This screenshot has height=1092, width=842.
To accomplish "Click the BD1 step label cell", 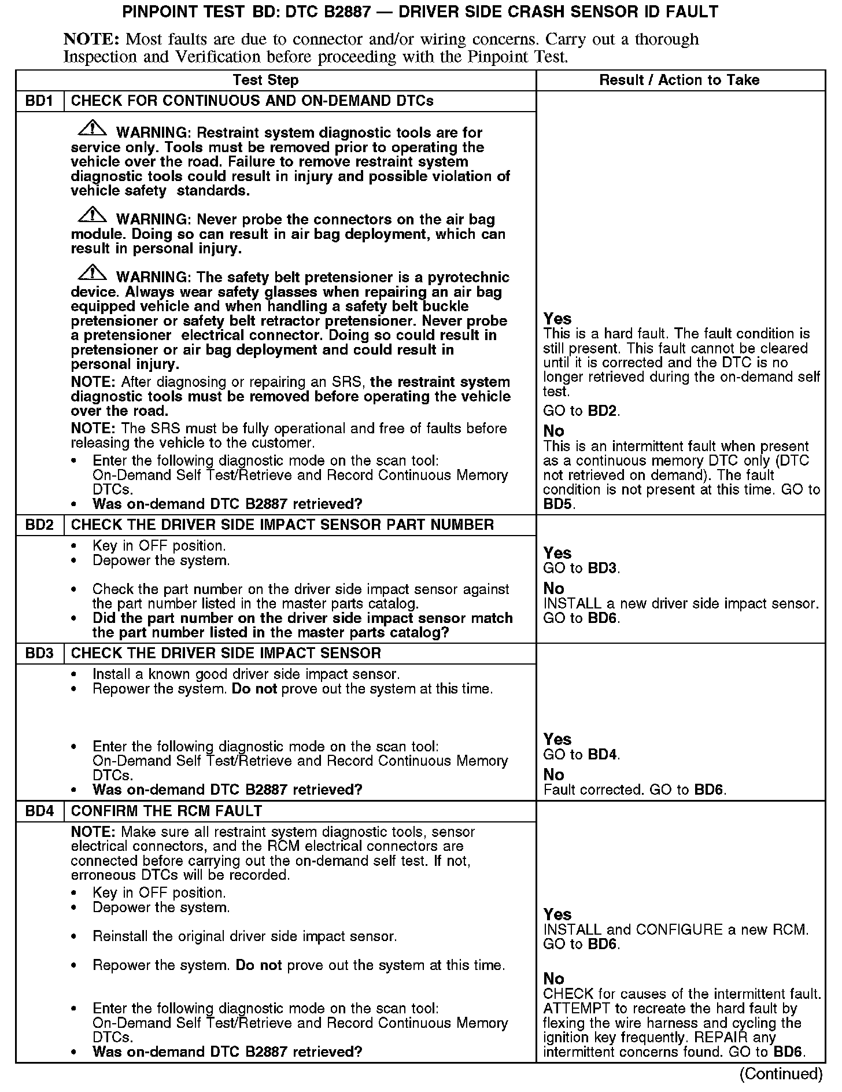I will (39, 101).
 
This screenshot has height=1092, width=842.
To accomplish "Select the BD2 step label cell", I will (39, 525).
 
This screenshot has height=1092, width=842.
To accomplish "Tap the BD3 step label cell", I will (39, 654).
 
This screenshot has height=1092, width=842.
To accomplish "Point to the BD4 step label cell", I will (39, 811).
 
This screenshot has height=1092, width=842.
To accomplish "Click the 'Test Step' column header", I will (265, 80).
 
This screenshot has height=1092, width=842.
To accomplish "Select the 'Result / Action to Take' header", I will (679, 80).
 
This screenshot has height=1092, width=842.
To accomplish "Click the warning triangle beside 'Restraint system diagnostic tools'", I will (92, 128).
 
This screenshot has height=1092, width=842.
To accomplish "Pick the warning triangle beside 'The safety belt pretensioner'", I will (92, 273).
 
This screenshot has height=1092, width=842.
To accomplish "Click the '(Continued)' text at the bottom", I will (781, 1073).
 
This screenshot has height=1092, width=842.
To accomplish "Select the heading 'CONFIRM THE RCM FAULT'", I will (167, 811).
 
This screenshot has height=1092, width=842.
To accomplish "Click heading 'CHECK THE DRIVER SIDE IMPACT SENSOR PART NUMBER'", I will (282, 525).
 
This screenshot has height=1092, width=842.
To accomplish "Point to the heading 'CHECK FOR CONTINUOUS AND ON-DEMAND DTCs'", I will (252, 101).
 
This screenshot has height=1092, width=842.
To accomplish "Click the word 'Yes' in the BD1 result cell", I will (557, 319).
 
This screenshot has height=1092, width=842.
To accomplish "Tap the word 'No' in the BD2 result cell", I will (553, 588).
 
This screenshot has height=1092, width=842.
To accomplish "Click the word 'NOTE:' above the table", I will (91, 39).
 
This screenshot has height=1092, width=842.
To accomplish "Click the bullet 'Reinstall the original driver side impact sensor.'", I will (245, 936).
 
